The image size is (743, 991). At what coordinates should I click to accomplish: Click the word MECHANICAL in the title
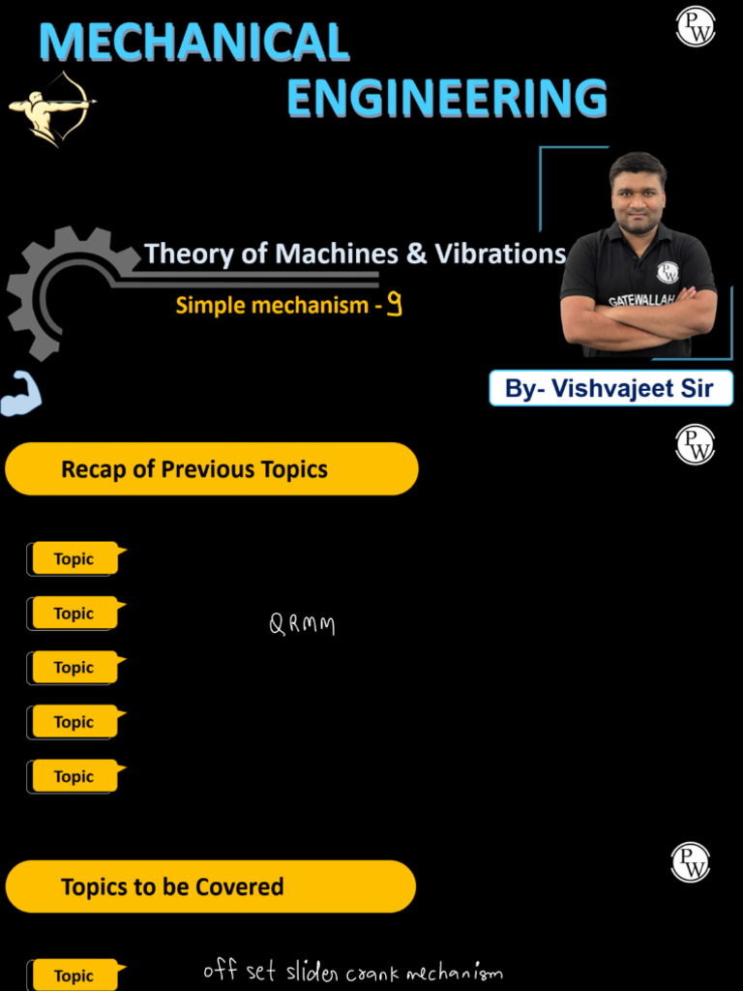(x=193, y=43)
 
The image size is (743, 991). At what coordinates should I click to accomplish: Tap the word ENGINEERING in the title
(x=447, y=99)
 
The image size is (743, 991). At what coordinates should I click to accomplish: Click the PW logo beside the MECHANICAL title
(x=695, y=26)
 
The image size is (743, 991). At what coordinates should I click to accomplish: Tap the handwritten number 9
(x=394, y=306)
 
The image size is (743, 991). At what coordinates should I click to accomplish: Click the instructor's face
(x=638, y=194)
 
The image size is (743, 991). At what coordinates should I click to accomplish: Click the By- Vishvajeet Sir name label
(x=610, y=388)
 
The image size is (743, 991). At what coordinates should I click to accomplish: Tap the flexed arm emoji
(x=20, y=394)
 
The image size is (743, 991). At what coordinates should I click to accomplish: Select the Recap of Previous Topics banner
(x=212, y=469)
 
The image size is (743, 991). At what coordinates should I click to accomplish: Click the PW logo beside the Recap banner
(x=695, y=444)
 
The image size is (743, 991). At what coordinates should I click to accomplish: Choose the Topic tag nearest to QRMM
(x=74, y=614)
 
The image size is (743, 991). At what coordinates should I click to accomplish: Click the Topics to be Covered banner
(x=211, y=886)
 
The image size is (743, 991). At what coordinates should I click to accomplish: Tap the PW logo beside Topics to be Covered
(x=691, y=862)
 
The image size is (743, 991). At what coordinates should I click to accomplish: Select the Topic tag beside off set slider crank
(x=74, y=976)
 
